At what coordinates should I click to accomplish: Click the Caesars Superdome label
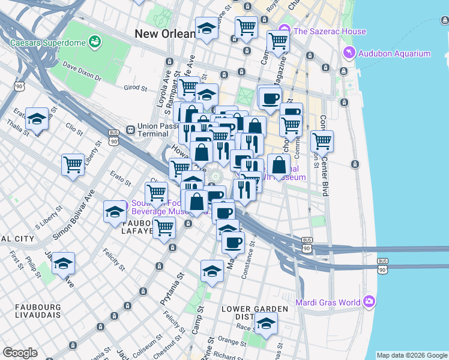(49, 43)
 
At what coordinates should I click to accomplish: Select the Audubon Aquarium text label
(394, 53)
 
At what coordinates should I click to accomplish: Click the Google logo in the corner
(20, 353)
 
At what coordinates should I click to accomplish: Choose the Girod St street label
(136, 88)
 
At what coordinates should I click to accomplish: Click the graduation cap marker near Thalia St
(37, 119)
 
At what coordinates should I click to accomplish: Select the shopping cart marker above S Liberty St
(73, 163)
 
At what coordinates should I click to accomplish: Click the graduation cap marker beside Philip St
(63, 263)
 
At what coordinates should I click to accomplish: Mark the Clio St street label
(74, 128)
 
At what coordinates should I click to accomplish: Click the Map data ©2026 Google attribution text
(412, 355)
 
